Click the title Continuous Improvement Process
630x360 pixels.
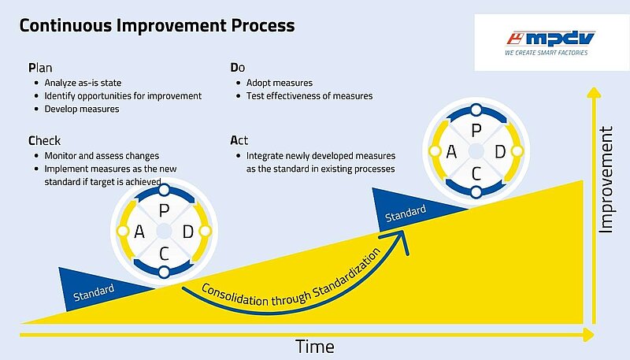pyautogui.click(x=157, y=26)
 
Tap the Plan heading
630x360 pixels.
pyautogui.click(x=40, y=68)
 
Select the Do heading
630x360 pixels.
pyautogui.click(x=238, y=68)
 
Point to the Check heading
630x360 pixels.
pyautogui.click(x=44, y=141)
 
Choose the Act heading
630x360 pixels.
pyautogui.click(x=239, y=140)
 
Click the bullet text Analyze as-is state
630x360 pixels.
pyautogui.click(x=83, y=83)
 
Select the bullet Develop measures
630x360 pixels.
pyautogui.click(x=82, y=109)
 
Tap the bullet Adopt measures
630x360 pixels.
pyautogui.click(x=280, y=83)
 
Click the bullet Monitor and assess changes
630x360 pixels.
pyautogui.click(x=102, y=155)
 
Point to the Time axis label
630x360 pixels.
pyautogui.click(x=314, y=347)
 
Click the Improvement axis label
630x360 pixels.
pyautogui.click(x=606, y=179)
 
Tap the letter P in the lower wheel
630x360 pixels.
pyautogui.click(x=164, y=210)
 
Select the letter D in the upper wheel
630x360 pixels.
pyautogui.click(x=500, y=152)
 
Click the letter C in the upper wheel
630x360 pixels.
pyautogui.click(x=476, y=174)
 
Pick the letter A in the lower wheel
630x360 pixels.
pyautogui.click(x=139, y=232)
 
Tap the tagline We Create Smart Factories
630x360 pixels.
pyautogui.click(x=546, y=53)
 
